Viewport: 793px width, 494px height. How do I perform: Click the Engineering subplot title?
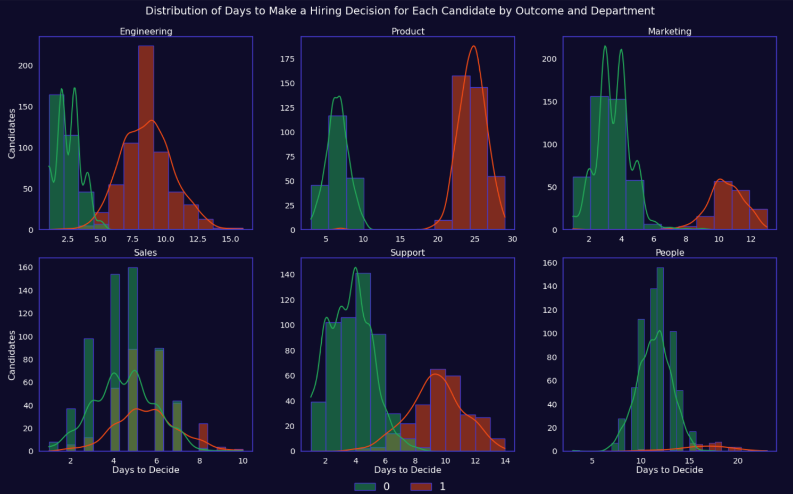pyautogui.click(x=146, y=31)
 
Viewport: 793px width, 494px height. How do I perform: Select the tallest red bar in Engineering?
pyautogui.click(x=146, y=138)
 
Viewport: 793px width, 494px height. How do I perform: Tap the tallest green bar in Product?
pyautogui.click(x=337, y=173)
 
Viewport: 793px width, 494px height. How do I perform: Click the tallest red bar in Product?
pyautogui.click(x=461, y=153)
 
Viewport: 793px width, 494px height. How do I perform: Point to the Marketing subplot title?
pyautogui.click(x=670, y=31)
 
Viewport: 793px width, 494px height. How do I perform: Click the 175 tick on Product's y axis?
pyautogui.click(x=287, y=58)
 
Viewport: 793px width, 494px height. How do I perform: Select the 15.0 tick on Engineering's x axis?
pyautogui.click(x=230, y=239)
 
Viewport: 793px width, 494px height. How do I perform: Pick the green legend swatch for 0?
pyautogui.click(x=365, y=487)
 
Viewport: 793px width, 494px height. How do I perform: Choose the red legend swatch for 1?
pyautogui.click(x=421, y=487)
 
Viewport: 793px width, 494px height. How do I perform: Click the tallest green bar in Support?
pyautogui.click(x=363, y=362)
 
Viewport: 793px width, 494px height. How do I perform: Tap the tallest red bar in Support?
pyautogui.click(x=438, y=410)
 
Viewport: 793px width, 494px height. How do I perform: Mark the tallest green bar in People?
pyautogui.click(x=660, y=359)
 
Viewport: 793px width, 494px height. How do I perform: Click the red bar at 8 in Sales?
pyautogui.click(x=203, y=438)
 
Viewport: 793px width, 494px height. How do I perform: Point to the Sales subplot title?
pyautogui.click(x=146, y=253)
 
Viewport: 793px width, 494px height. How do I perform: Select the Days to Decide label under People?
pyautogui.click(x=670, y=470)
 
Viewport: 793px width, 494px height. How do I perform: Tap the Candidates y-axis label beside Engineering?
pyautogui.click(x=12, y=133)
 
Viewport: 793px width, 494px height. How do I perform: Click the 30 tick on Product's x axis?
pyautogui.click(x=512, y=239)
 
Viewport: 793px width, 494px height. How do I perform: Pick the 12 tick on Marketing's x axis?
pyautogui.click(x=751, y=239)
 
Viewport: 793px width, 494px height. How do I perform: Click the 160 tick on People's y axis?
pyautogui.click(x=550, y=263)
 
